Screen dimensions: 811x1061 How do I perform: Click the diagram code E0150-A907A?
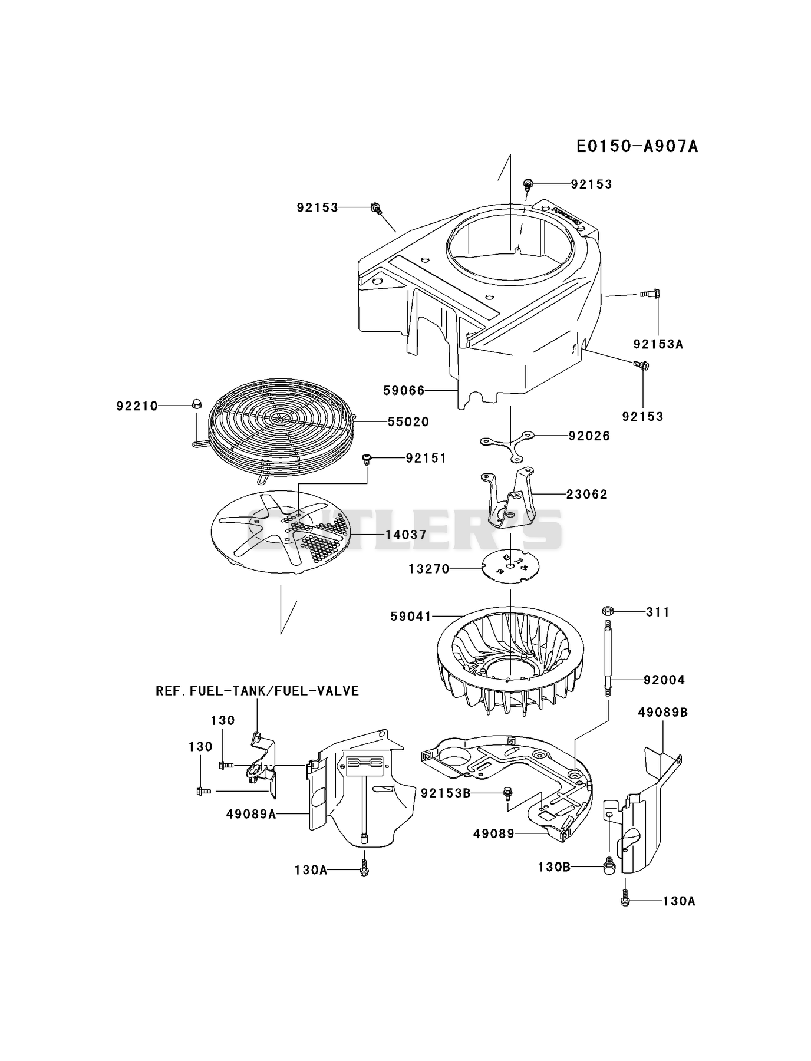[637, 146]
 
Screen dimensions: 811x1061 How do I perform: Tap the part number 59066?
[404, 390]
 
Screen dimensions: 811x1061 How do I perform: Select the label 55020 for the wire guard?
[408, 422]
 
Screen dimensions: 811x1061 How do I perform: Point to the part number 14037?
[406, 535]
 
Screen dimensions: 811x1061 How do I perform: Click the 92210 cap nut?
[196, 404]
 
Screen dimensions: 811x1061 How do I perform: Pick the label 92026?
[589, 436]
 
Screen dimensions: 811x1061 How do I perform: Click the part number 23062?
[587, 495]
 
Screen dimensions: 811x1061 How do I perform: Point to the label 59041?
[411, 617]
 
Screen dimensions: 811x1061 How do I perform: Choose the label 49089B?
[663, 713]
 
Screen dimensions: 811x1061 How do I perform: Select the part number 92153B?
[446, 793]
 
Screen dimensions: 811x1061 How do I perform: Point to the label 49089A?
[251, 814]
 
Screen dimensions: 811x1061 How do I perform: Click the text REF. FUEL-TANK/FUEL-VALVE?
[257, 691]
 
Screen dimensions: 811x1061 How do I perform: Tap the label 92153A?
[658, 344]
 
